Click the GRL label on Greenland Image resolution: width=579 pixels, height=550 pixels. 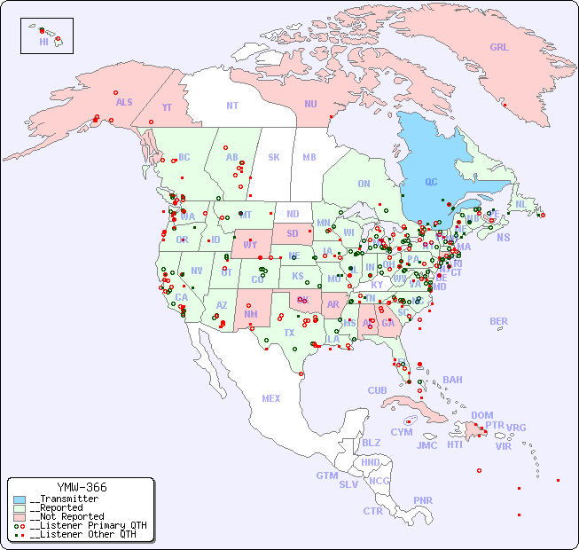pyautogui.click(x=499, y=47)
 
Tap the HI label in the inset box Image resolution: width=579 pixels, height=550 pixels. pyautogui.click(x=43, y=41)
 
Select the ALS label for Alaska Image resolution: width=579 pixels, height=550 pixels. pyautogui.click(x=124, y=102)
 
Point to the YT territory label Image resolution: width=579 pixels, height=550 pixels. pyautogui.click(x=167, y=106)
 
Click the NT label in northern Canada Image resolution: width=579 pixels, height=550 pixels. pyautogui.click(x=231, y=106)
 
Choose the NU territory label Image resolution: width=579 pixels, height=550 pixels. pyautogui.click(x=310, y=104)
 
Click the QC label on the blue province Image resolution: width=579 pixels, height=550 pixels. pyautogui.click(x=431, y=182)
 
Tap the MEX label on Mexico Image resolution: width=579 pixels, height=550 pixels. pyautogui.click(x=270, y=398)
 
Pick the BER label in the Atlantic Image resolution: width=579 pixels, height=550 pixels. pyautogui.click(x=498, y=321)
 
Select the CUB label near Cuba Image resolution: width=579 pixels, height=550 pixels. pyautogui.click(x=377, y=390)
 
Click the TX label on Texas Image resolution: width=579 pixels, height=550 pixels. pyautogui.click(x=289, y=333)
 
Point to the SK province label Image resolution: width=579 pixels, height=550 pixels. pyautogui.click(x=274, y=157)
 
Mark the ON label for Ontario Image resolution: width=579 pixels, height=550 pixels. pyautogui.click(x=364, y=184)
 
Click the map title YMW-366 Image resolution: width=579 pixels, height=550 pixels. pyautogui.click(x=82, y=487)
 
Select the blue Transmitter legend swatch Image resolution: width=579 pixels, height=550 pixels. pyautogui.click(x=20, y=499)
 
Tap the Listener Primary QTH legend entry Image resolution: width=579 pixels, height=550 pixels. pyautogui.click(x=80, y=525)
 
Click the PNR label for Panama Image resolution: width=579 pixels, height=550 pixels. pyautogui.click(x=423, y=500)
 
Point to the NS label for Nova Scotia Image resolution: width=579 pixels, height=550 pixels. pyautogui.click(x=503, y=237)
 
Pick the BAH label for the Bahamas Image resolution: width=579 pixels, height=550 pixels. pyautogui.click(x=452, y=380)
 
